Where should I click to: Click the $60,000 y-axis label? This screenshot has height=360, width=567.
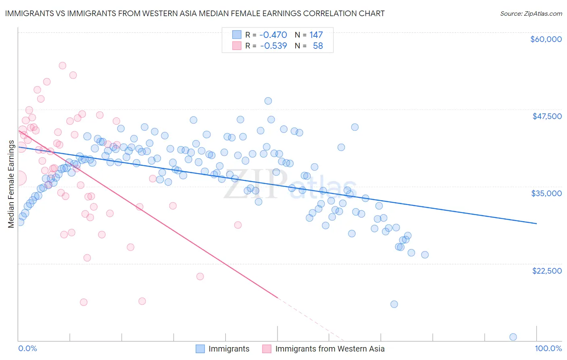[546, 39]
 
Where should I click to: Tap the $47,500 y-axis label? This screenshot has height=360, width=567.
[547, 116]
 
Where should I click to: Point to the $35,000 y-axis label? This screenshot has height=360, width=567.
[546, 193]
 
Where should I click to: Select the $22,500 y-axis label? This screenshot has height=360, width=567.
[547, 271]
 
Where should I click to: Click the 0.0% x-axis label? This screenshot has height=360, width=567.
[27, 348]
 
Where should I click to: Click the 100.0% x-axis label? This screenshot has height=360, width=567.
[548, 348]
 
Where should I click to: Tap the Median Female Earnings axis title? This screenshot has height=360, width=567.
[11, 184]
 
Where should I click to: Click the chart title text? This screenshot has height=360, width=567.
[195, 13]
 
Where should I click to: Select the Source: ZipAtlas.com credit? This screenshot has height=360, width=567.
[531, 14]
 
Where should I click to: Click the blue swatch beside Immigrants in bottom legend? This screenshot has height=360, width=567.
[200, 349]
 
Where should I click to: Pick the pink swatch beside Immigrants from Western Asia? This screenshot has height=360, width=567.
[267, 349]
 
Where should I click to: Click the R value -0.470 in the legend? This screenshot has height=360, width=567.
[273, 35]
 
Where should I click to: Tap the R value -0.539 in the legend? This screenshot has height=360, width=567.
[273, 46]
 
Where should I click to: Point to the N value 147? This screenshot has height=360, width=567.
[316, 35]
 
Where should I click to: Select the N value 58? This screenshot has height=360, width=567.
[318, 46]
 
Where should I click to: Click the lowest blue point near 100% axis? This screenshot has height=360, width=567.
[513, 337]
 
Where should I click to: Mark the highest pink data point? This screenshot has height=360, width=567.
[63, 65]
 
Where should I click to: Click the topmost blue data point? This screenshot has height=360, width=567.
[268, 101]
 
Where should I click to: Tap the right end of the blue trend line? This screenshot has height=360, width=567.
[536, 223]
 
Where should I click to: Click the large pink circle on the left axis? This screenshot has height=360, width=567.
[19, 178]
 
